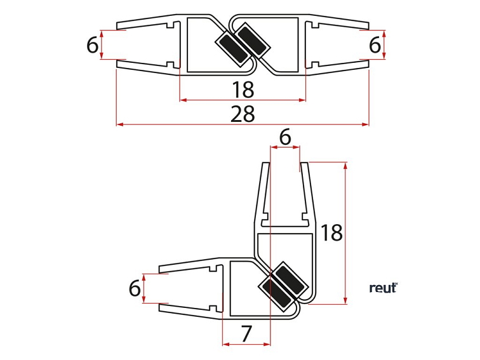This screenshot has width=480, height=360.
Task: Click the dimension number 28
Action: point(243,114)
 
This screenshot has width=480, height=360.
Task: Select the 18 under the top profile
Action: point(243,90)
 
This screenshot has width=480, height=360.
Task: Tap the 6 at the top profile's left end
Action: point(93,45)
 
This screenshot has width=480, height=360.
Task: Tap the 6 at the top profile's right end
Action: point(375,45)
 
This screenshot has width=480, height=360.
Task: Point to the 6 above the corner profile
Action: point(285,137)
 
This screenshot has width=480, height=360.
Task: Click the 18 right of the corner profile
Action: point(331,233)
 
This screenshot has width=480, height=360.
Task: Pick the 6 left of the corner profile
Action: point(135,288)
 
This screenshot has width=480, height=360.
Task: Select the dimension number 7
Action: point(247,332)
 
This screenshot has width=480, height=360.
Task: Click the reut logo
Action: point(383,288)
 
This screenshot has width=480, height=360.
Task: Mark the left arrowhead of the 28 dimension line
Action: point(119,124)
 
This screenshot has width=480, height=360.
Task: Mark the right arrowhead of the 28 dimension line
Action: point(366,124)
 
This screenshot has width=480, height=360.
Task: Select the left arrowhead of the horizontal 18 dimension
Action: point(182,100)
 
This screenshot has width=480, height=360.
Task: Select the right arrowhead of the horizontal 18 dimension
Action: point(303,100)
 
